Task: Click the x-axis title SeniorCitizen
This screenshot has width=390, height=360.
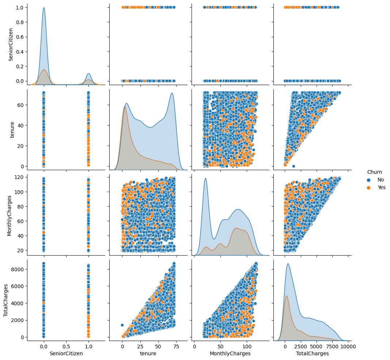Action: tap(66, 353)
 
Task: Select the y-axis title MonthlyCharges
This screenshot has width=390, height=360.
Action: tap(10, 215)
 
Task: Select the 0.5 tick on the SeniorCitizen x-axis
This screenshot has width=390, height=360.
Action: tap(66, 345)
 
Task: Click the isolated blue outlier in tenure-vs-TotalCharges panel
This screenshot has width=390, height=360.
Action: tap(294, 166)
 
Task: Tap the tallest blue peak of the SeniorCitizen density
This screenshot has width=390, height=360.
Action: tap(44, 8)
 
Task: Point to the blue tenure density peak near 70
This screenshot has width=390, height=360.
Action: tap(171, 93)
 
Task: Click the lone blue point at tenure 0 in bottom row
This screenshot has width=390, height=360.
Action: tap(122, 325)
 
